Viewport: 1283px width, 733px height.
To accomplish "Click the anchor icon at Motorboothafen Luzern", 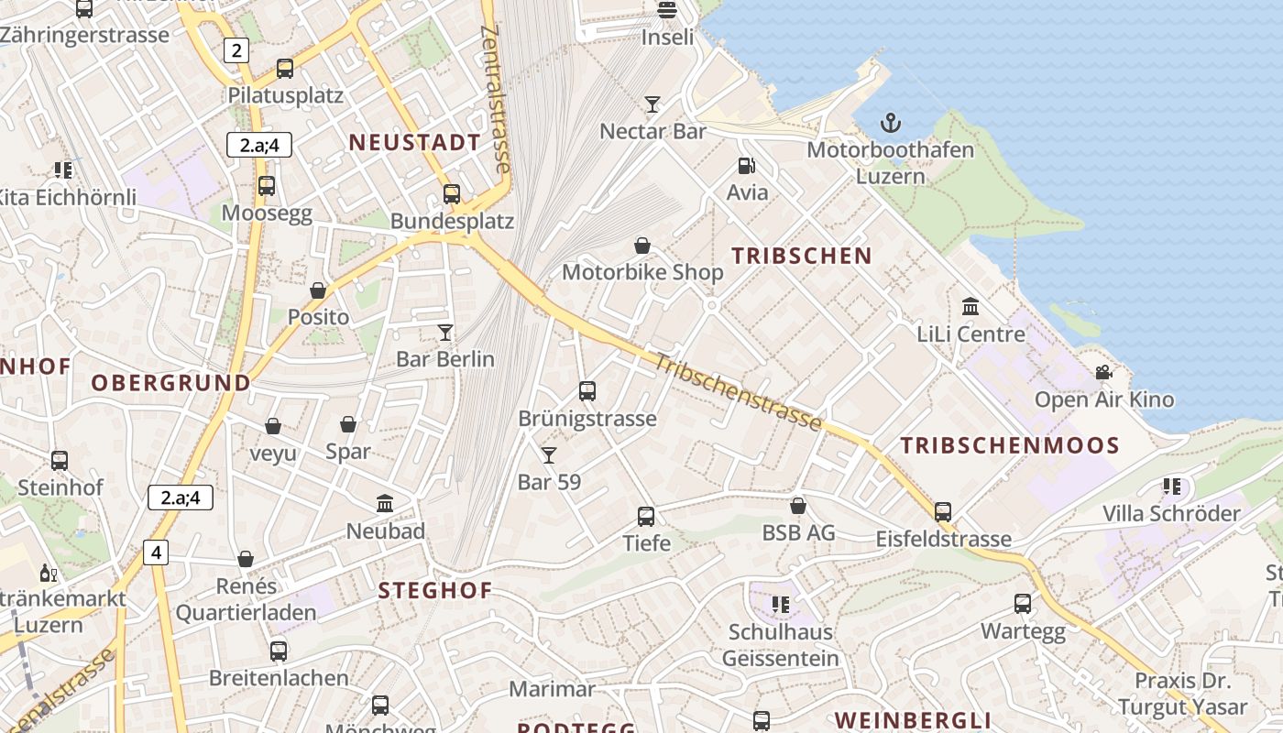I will (x=890, y=122).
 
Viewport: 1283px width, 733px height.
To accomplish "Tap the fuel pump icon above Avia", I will (x=747, y=166).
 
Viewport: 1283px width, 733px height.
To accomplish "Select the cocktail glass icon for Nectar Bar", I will (x=652, y=104).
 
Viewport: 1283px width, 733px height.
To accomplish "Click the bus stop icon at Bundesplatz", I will (x=451, y=193).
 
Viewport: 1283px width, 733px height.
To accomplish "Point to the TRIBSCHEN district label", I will (x=801, y=256).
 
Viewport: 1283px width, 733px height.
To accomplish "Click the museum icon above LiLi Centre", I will (x=970, y=306).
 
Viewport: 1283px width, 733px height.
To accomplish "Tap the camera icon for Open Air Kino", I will (x=1103, y=372).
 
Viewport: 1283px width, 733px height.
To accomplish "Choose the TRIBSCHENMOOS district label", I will (x=1009, y=446).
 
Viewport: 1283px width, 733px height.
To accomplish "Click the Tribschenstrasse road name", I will (x=738, y=390).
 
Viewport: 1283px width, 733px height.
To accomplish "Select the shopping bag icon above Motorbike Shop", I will (x=642, y=246).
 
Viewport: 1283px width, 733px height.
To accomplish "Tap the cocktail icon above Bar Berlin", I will (x=445, y=332).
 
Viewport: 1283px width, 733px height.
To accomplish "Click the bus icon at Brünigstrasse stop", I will (x=587, y=391).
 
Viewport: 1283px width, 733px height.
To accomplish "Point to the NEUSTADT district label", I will (x=415, y=142).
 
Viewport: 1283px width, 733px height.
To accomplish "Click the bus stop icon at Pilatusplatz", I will (x=285, y=68).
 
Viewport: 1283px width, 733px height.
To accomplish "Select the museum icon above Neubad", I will (x=385, y=503).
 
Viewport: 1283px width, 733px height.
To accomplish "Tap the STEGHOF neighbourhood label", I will (x=435, y=590).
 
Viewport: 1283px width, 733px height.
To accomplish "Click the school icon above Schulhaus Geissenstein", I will (x=781, y=604).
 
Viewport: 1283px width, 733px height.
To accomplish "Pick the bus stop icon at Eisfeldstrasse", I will (x=943, y=511).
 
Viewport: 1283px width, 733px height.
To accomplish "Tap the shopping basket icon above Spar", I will (x=348, y=424).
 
